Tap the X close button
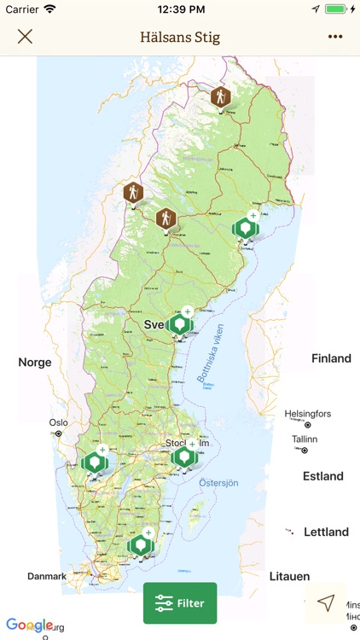pos(25,37)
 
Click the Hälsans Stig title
pos(179,37)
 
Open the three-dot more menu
pos(334,37)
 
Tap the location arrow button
pos(326,603)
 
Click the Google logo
pos(29,625)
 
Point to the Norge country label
pos(35,363)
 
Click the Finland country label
pos(331,358)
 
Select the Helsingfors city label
pos(308,414)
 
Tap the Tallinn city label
pos(305,439)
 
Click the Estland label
pos(323,476)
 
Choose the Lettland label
pos(326,532)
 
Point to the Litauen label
pos(289,577)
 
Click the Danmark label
pos(47,577)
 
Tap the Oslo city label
pos(58,422)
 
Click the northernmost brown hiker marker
pos(221,97)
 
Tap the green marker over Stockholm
pos(183,457)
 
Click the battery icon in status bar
pos(336,9)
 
